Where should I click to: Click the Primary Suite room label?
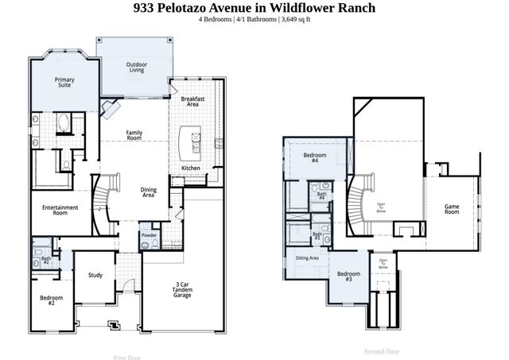(64, 82)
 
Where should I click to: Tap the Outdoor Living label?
(137, 67)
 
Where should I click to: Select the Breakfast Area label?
(193, 101)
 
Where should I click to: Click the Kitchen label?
(191, 168)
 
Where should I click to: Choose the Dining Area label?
(148, 192)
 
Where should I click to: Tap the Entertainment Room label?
(60, 210)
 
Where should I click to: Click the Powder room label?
(149, 236)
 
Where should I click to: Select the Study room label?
(95, 276)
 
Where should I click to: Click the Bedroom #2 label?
(52, 300)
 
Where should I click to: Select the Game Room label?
(452, 210)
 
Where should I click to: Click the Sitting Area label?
(307, 258)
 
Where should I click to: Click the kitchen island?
(189, 141)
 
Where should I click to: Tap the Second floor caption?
(382, 350)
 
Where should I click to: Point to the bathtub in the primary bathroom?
(64, 125)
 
